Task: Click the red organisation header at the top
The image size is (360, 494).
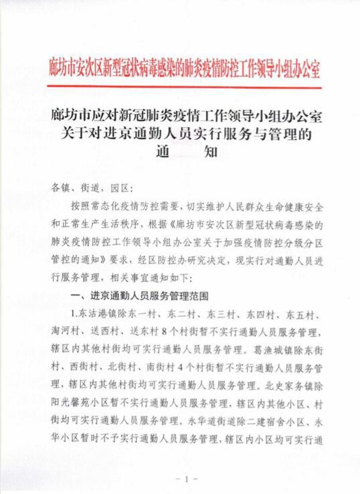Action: pyautogui.click(x=185, y=68)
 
